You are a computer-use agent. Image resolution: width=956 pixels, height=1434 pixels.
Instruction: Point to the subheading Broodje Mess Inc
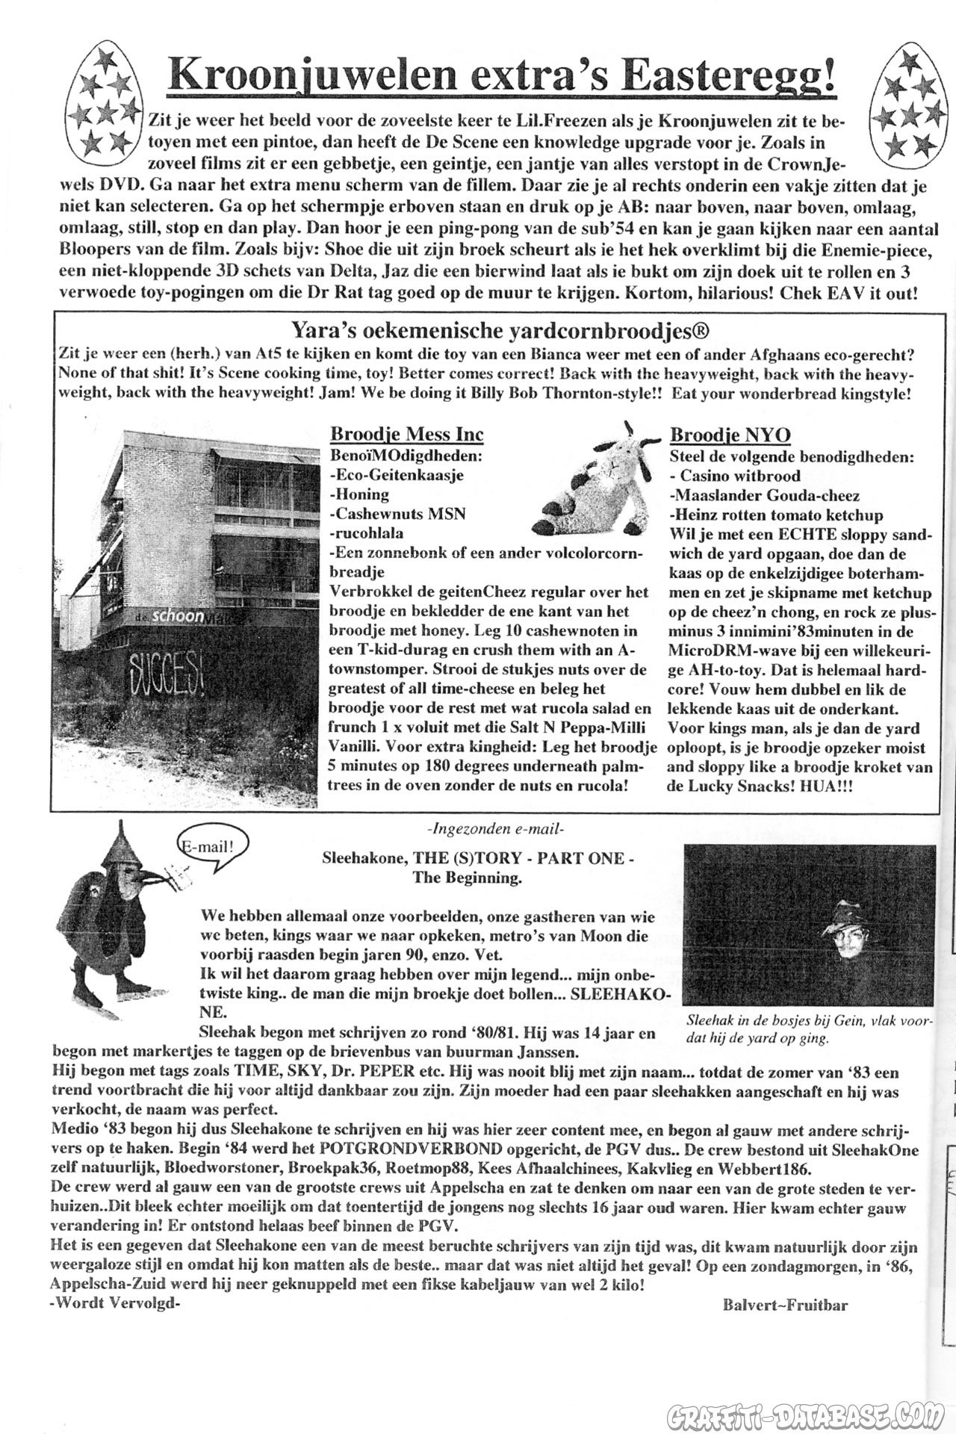[x=406, y=435]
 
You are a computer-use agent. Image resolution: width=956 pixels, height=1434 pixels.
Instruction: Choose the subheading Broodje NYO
[x=730, y=435]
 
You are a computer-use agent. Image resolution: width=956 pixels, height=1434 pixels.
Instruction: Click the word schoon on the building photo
[x=178, y=616]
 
